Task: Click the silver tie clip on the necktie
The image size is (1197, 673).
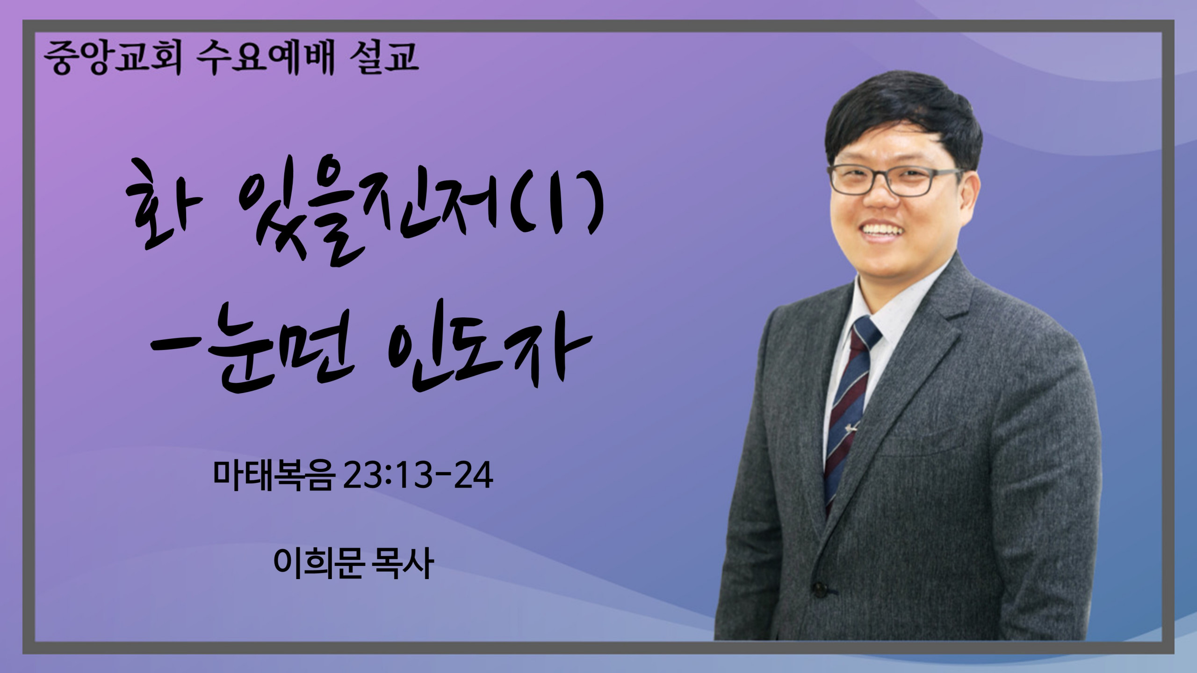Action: tap(855, 428)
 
